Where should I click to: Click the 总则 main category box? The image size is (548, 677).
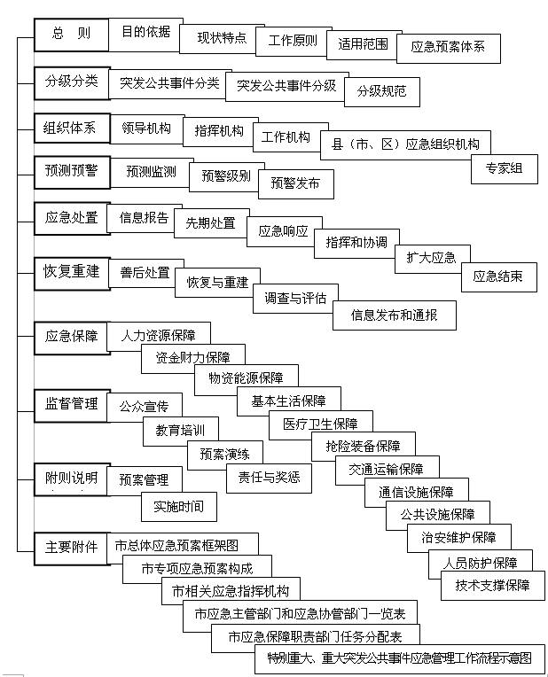(71, 35)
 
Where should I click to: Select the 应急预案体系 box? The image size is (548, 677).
(449, 49)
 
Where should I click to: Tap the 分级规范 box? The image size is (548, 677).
(382, 92)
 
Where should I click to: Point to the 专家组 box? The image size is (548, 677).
(505, 169)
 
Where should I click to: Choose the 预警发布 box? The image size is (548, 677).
(296, 184)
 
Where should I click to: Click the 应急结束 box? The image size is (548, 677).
(499, 277)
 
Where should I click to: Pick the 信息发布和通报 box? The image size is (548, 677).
(395, 315)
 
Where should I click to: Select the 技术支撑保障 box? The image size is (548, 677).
(493, 586)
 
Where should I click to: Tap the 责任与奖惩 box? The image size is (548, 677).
(269, 479)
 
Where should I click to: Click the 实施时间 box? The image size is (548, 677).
(179, 507)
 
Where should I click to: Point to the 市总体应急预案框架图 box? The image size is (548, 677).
(183, 546)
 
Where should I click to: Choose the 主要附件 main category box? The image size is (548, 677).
(72, 549)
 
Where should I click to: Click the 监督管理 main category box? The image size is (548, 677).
(71, 406)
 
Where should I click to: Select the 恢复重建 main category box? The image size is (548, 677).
(72, 273)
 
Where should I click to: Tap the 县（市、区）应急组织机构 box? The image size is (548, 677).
(405, 145)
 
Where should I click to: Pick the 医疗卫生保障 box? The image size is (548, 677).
(321, 424)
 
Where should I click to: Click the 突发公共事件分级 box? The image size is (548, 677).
(287, 87)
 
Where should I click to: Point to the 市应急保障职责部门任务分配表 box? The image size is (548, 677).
(316, 638)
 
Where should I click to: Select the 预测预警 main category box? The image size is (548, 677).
(72, 172)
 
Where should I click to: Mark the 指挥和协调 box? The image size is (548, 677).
(356, 244)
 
